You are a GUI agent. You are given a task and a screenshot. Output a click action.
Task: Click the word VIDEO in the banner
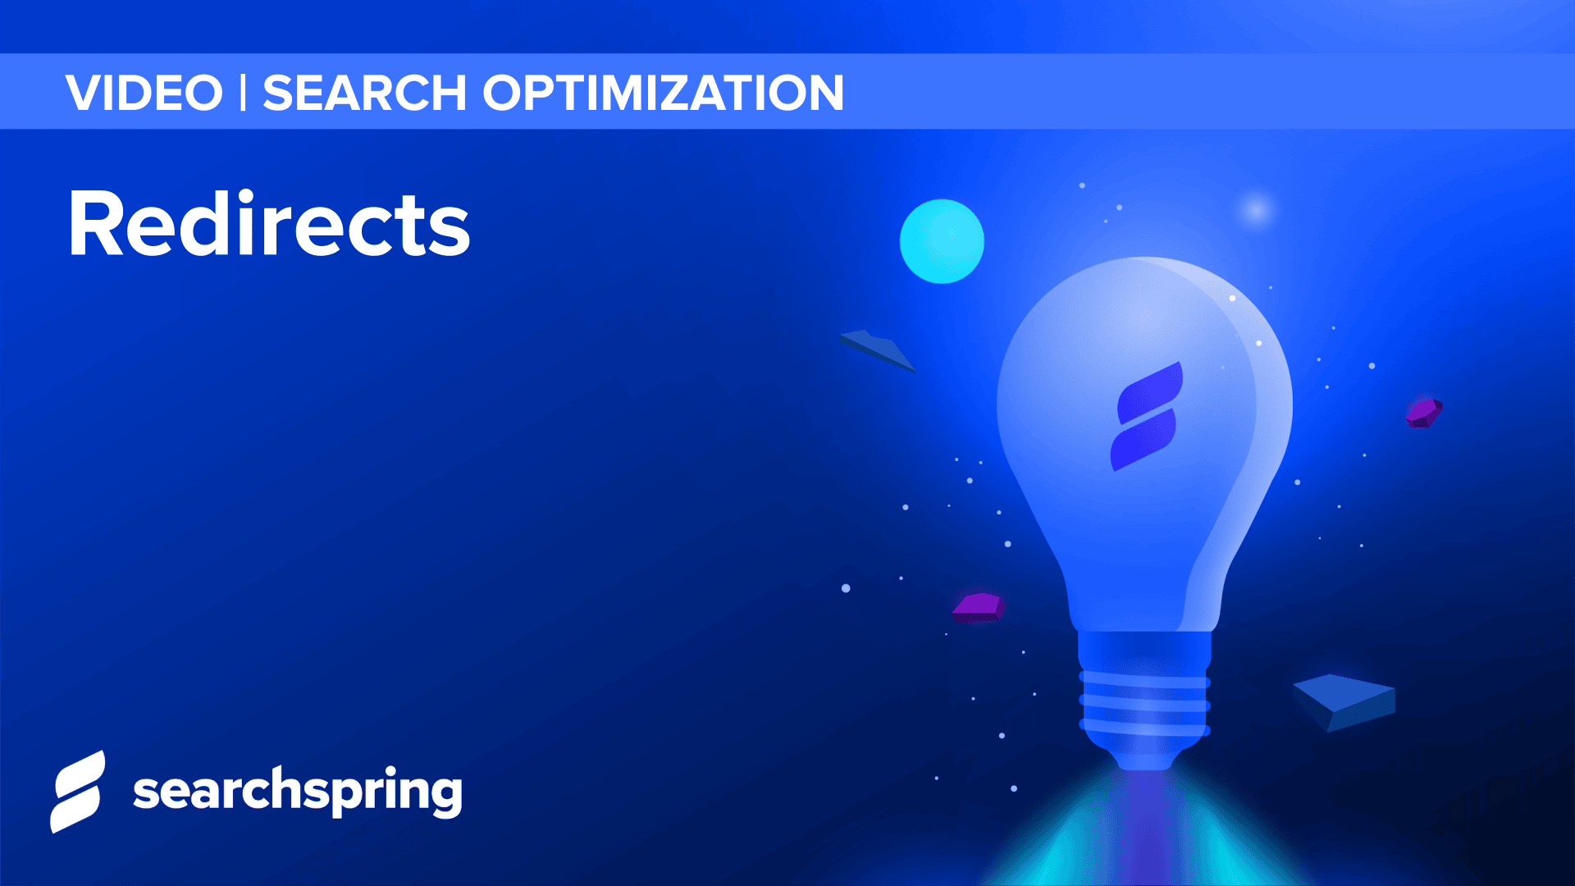[144, 93]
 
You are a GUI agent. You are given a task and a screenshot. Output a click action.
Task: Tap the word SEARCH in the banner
[364, 93]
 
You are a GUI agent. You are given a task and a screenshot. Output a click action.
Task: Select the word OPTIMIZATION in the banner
[663, 93]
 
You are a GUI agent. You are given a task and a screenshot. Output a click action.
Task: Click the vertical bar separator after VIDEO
[243, 93]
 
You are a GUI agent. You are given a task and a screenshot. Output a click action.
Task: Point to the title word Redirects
[269, 223]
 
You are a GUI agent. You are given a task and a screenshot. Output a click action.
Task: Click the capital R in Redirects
[97, 223]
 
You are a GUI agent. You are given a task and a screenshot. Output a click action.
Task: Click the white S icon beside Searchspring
[78, 792]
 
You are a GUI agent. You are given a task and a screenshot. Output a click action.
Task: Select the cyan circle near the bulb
[942, 241]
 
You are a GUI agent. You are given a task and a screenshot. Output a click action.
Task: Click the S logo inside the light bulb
[1147, 417]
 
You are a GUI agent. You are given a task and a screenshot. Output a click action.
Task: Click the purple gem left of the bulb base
[978, 607]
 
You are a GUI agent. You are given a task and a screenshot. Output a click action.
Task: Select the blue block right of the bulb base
[1345, 701]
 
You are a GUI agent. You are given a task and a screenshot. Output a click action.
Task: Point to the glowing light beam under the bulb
[1144, 829]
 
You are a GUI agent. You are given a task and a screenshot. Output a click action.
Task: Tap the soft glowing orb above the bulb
[1255, 210]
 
